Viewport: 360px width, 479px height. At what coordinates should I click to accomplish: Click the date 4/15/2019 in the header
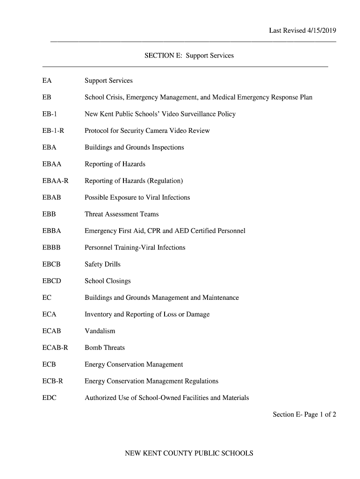click(322, 31)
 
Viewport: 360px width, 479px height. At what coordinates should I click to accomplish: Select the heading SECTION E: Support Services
click(189, 56)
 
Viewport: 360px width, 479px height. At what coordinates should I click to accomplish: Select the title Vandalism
click(100, 331)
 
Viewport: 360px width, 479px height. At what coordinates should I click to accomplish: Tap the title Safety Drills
click(102, 264)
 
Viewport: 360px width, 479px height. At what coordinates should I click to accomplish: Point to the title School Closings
click(108, 281)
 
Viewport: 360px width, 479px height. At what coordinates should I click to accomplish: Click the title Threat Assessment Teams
click(122, 214)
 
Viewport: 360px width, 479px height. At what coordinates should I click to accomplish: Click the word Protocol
click(96, 131)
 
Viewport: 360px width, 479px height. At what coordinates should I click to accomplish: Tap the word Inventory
click(98, 314)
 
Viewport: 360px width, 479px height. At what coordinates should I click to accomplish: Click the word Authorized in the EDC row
click(101, 398)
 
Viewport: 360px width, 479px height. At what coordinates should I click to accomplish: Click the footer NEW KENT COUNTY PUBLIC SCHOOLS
click(189, 453)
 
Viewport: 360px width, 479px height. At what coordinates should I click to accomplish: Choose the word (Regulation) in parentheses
click(166, 181)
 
